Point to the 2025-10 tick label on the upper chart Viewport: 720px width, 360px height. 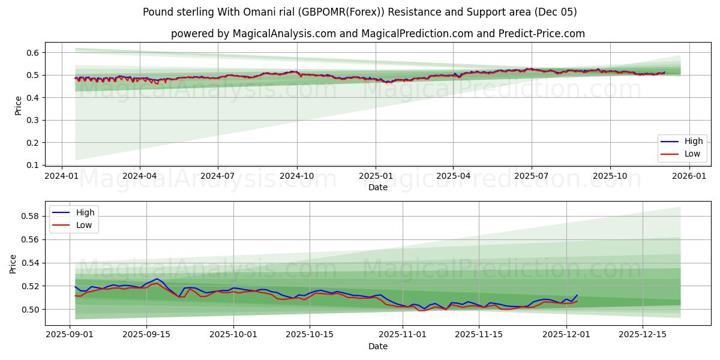610,176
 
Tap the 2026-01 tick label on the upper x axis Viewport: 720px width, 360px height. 689,176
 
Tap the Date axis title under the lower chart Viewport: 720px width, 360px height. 378,346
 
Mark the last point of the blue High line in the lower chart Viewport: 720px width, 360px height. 577,295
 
